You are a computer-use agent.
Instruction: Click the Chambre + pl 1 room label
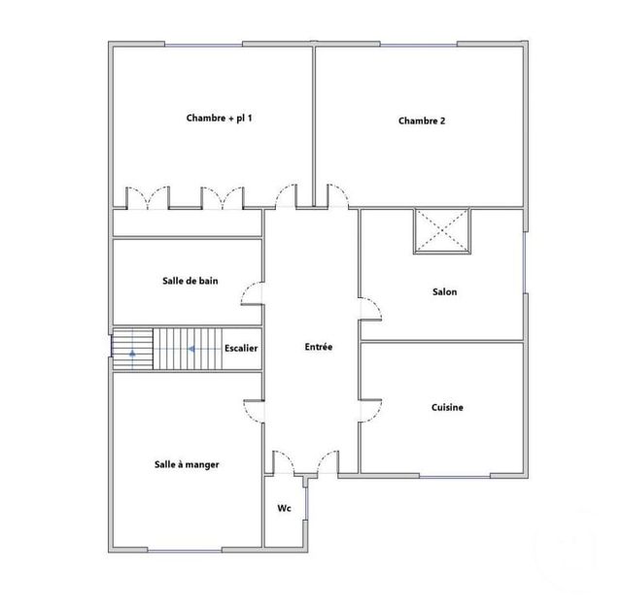(220, 118)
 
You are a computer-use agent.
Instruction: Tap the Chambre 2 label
(422, 121)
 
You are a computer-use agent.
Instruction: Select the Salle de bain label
(190, 281)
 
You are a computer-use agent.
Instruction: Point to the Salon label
(444, 291)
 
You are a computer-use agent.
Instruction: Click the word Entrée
(319, 347)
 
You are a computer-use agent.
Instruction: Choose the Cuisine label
(447, 408)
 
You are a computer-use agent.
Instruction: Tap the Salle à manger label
(187, 464)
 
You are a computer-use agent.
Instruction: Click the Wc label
(285, 508)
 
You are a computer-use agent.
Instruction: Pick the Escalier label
(240, 348)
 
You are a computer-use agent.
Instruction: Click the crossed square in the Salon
(443, 230)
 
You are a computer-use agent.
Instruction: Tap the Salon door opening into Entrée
(372, 308)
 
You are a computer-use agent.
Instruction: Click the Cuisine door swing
(372, 410)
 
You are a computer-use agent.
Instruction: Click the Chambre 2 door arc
(336, 194)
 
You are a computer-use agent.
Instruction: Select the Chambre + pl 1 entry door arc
(288, 194)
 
